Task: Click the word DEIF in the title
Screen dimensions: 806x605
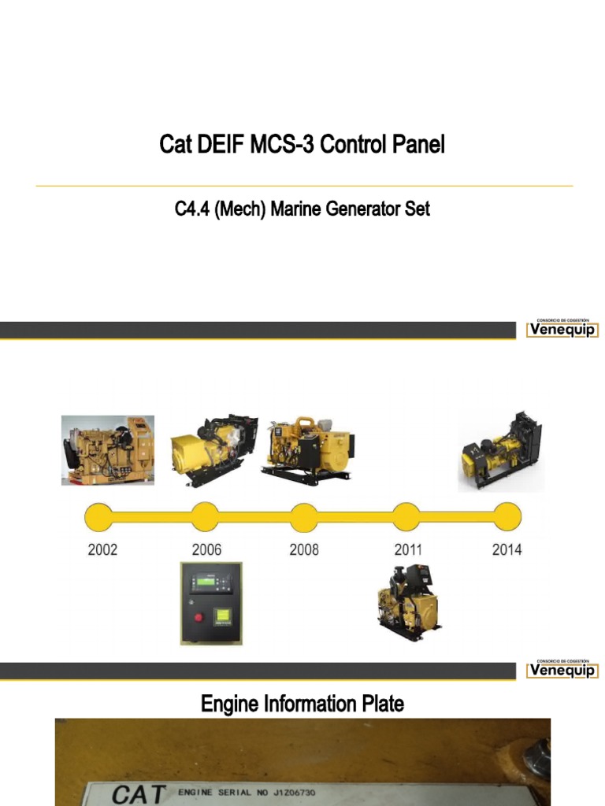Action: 212,146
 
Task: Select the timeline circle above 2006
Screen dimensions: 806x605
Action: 205,517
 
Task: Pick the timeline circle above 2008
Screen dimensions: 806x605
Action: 304,517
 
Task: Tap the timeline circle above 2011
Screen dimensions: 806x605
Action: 406,517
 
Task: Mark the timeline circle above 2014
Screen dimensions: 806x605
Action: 507,517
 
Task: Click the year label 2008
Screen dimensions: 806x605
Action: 304,549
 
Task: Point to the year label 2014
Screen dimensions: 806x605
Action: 507,549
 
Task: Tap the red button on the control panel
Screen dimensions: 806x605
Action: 199,615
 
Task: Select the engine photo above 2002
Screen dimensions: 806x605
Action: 108,450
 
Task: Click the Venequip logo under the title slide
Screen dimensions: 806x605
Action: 562,329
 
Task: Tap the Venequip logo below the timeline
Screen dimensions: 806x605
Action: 562,670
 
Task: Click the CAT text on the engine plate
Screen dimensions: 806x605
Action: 138,793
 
